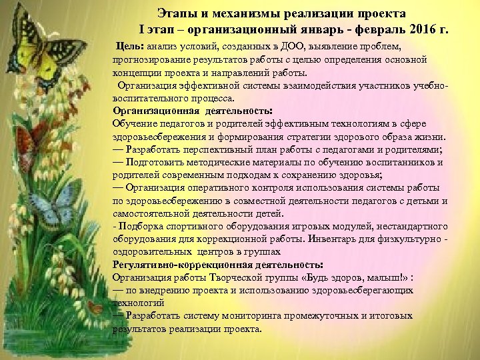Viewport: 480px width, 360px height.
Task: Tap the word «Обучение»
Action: (x=133, y=123)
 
